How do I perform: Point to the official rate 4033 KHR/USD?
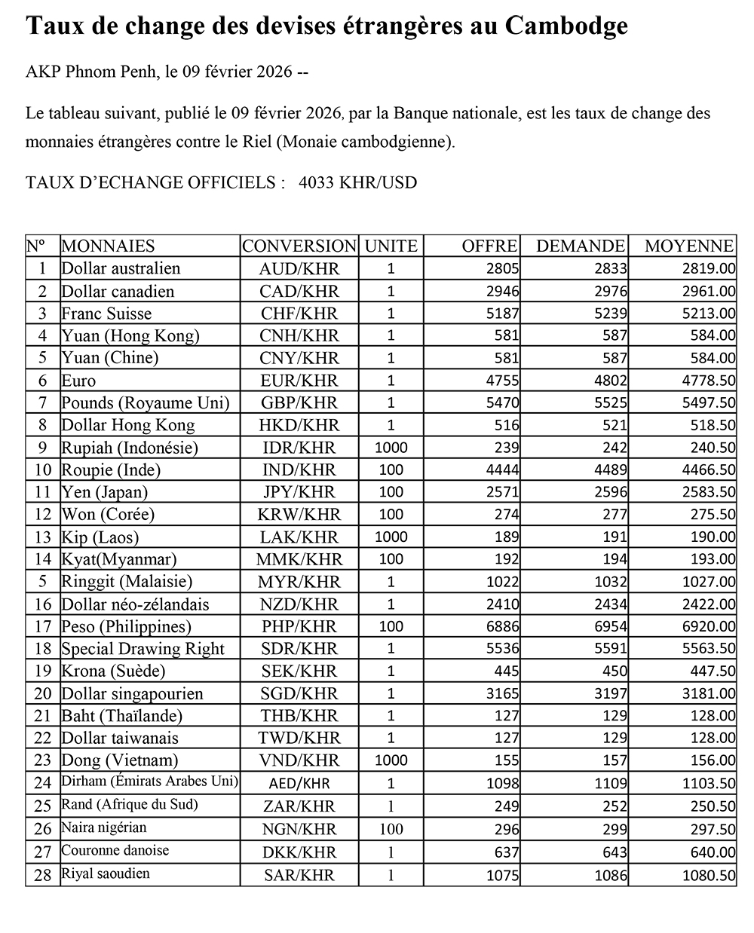click(357, 182)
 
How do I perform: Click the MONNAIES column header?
click(108, 246)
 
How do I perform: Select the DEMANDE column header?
click(580, 246)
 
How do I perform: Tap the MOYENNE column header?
click(688, 246)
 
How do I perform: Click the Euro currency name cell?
click(78, 381)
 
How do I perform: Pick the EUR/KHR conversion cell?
click(299, 381)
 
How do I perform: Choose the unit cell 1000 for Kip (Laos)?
click(391, 537)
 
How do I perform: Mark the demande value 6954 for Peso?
click(610, 626)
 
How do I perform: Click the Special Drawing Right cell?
click(143, 649)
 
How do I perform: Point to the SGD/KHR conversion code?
click(299, 693)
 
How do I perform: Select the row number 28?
click(42, 874)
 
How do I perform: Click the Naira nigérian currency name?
click(104, 827)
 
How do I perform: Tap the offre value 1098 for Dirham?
click(502, 783)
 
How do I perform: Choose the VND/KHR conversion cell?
click(299, 760)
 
